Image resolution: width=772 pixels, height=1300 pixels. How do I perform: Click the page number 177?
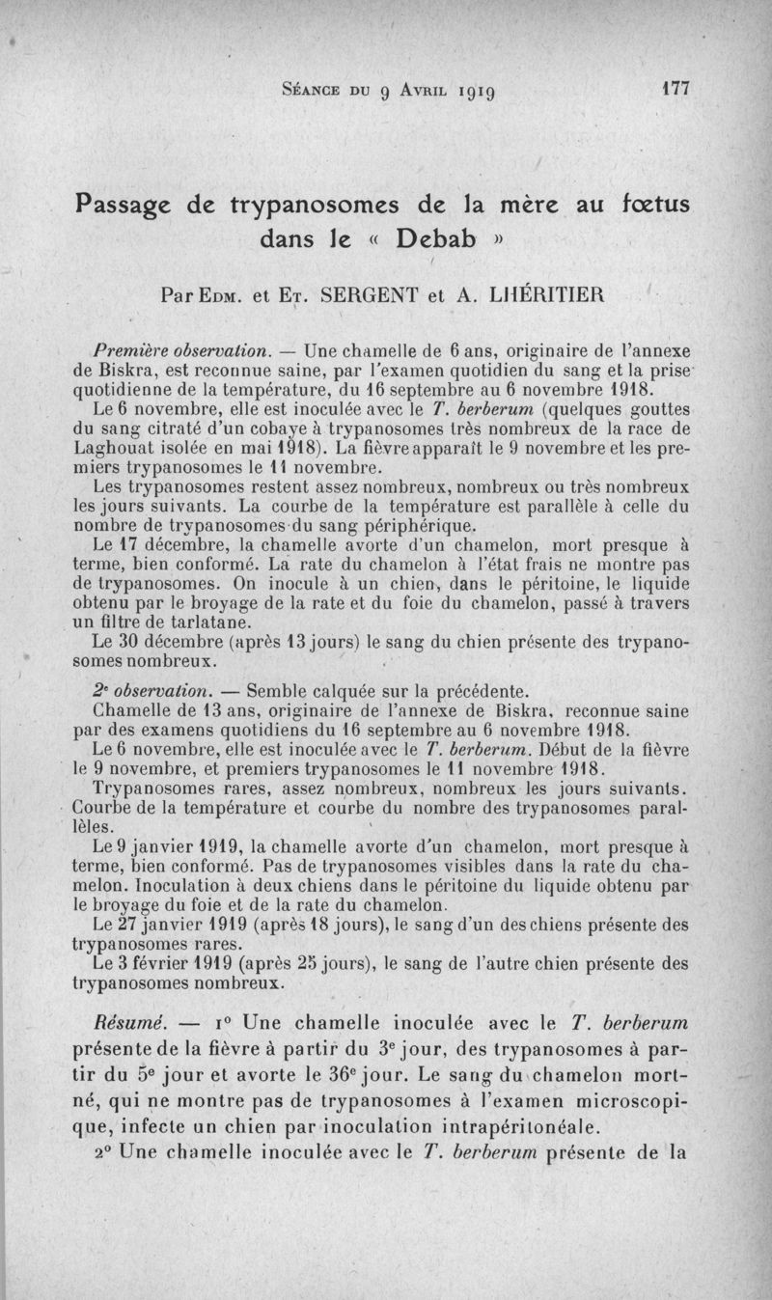pos(675,88)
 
